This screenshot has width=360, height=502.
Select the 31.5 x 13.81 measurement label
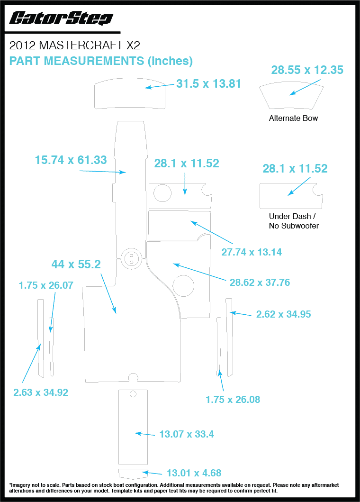click(x=209, y=84)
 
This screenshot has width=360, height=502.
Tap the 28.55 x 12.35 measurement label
click(x=307, y=70)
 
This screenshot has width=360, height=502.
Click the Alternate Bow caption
click(x=293, y=118)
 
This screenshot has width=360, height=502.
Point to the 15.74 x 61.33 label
click(x=71, y=160)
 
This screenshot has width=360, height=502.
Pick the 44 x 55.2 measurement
click(x=76, y=265)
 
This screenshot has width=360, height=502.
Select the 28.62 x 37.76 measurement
click(x=260, y=283)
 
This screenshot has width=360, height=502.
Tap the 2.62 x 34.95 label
click(x=283, y=314)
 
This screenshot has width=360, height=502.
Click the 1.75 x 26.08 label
click(x=233, y=400)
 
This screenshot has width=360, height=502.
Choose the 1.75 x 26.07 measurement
click(x=46, y=285)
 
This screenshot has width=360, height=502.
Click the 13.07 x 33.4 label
click(x=186, y=434)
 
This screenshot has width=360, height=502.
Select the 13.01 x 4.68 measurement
click(x=194, y=473)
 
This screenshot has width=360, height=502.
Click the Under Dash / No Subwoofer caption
click(x=294, y=221)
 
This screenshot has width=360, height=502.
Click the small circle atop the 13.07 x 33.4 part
click(x=133, y=394)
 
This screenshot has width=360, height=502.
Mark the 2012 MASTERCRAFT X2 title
click(x=74, y=46)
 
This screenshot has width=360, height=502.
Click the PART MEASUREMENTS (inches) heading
click(x=101, y=61)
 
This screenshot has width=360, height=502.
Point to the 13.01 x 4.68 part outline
click(x=133, y=474)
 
